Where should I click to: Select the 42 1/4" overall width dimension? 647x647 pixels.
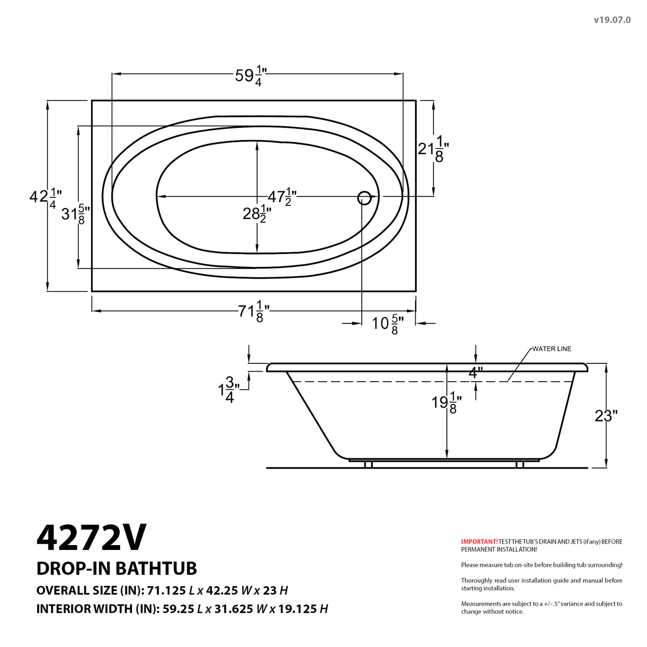click(45, 197)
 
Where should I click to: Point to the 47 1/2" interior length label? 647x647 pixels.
click(283, 196)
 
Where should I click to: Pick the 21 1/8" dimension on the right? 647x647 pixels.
click(433, 148)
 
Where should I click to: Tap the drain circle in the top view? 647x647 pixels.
click(364, 198)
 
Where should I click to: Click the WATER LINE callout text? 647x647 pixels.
click(552, 349)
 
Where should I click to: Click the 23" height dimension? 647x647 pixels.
click(605, 416)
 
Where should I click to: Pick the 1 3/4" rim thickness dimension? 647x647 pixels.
click(226, 390)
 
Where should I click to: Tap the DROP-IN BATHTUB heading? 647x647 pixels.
click(116, 568)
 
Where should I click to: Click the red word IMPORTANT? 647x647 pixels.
click(479, 541)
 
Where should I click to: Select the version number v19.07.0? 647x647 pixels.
click(612, 20)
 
